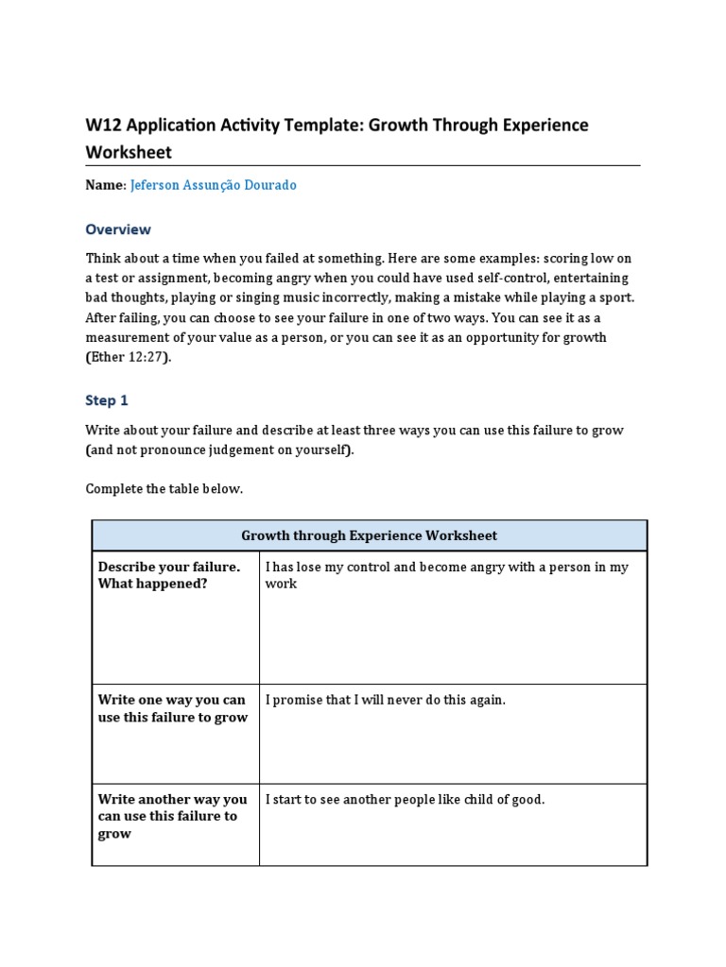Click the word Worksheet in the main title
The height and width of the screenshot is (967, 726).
130,152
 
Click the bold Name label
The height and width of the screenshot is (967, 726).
104,185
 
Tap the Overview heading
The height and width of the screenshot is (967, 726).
118,229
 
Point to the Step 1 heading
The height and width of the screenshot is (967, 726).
107,400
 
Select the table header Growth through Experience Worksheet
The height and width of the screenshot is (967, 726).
369,535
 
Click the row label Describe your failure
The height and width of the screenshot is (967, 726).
169,567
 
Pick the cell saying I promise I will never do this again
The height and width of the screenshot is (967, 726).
386,700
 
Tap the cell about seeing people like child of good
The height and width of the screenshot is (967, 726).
406,799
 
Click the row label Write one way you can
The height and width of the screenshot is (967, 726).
172,700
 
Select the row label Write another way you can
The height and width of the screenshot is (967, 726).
173,799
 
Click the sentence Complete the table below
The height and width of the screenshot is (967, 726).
164,488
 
